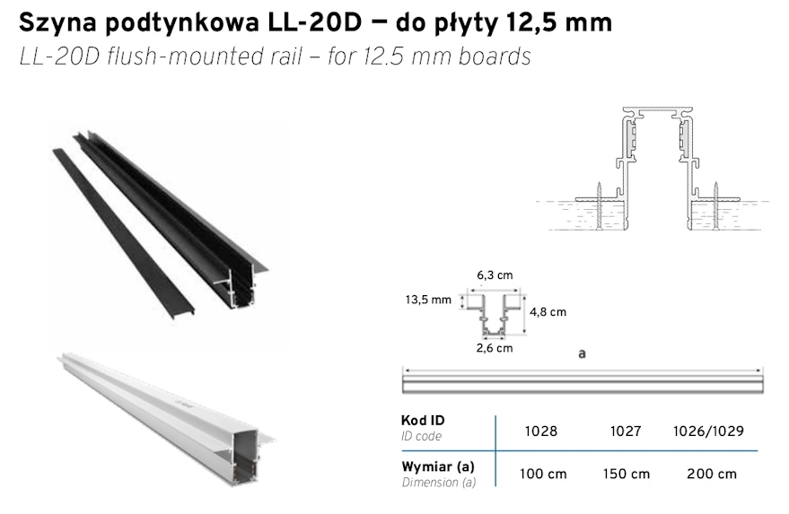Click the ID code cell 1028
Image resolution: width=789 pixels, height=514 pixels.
click(x=541, y=431)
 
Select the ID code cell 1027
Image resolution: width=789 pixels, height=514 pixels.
click(x=626, y=431)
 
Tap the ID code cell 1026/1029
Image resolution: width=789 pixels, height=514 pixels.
click(x=708, y=431)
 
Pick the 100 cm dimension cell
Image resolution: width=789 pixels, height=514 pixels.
click(x=543, y=474)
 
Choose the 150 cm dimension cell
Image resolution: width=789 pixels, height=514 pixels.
click(x=627, y=474)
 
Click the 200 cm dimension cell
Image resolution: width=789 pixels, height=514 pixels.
click(x=712, y=474)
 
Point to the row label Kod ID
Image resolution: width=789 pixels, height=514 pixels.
click(x=423, y=421)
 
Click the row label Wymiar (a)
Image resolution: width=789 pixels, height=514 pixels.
click(x=438, y=466)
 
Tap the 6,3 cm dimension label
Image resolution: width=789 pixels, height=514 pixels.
click(x=495, y=275)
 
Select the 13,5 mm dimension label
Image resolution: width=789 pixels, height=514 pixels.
click(x=428, y=300)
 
